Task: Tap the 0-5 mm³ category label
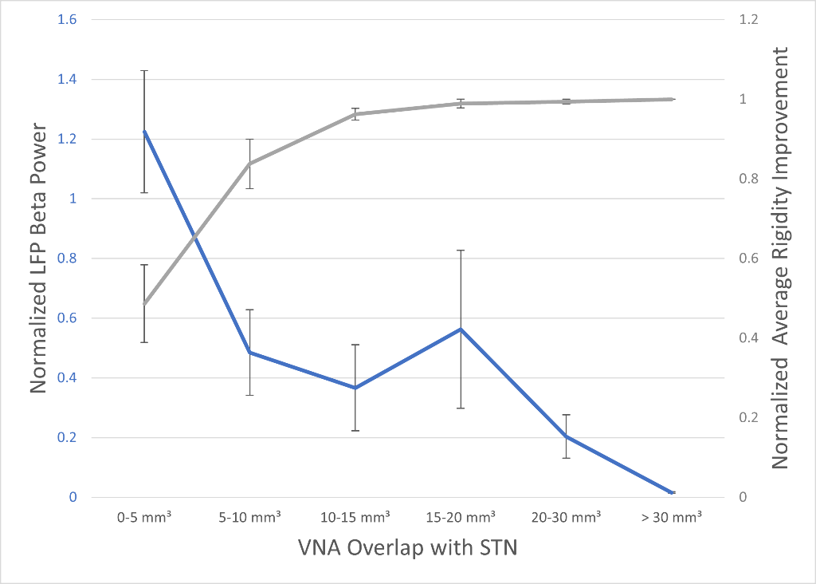pyautogui.click(x=144, y=517)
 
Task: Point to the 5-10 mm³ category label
pyautogui.click(x=249, y=517)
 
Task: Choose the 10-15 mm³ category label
pyautogui.click(x=355, y=517)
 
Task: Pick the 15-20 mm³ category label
pyautogui.click(x=461, y=517)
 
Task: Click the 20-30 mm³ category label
pyautogui.click(x=567, y=517)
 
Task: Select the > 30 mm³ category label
pyautogui.click(x=672, y=517)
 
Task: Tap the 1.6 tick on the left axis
pyautogui.click(x=67, y=19)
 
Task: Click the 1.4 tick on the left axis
pyautogui.click(x=67, y=79)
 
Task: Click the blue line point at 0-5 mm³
pyautogui.click(x=144, y=132)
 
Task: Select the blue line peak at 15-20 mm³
pyautogui.click(x=461, y=329)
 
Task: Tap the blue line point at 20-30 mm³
pyautogui.click(x=567, y=436)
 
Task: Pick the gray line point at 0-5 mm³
pyautogui.click(x=144, y=304)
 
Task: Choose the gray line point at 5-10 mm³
pyautogui.click(x=249, y=164)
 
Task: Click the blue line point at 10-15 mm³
pyautogui.click(x=355, y=388)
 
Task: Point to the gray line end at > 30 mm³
pyautogui.click(x=672, y=99)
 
